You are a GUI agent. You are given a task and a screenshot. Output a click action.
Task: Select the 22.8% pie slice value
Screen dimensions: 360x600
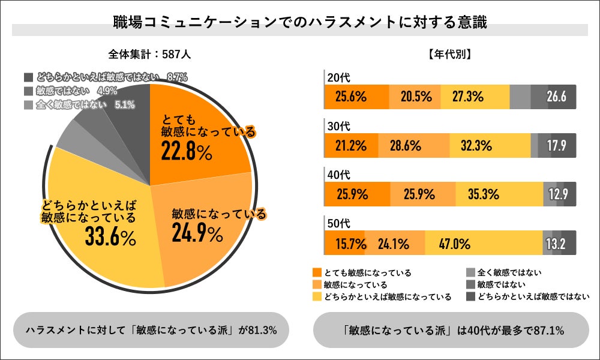[x=186, y=152]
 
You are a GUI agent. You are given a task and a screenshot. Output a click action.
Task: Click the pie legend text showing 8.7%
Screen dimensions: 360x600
[x=178, y=77]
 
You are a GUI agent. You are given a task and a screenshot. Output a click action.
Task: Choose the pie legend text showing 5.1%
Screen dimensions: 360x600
[x=124, y=104]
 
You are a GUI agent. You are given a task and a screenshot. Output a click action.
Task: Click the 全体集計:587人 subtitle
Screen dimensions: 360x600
[x=149, y=54]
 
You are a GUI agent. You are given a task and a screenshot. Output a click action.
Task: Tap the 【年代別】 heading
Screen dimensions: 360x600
[x=450, y=54]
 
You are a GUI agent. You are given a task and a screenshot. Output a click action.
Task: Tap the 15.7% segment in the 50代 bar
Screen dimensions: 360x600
[x=344, y=244]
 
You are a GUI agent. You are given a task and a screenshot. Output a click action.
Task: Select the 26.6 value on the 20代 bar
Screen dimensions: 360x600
[x=556, y=97]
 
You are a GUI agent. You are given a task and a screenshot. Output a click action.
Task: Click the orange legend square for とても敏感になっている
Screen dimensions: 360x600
[x=317, y=273]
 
